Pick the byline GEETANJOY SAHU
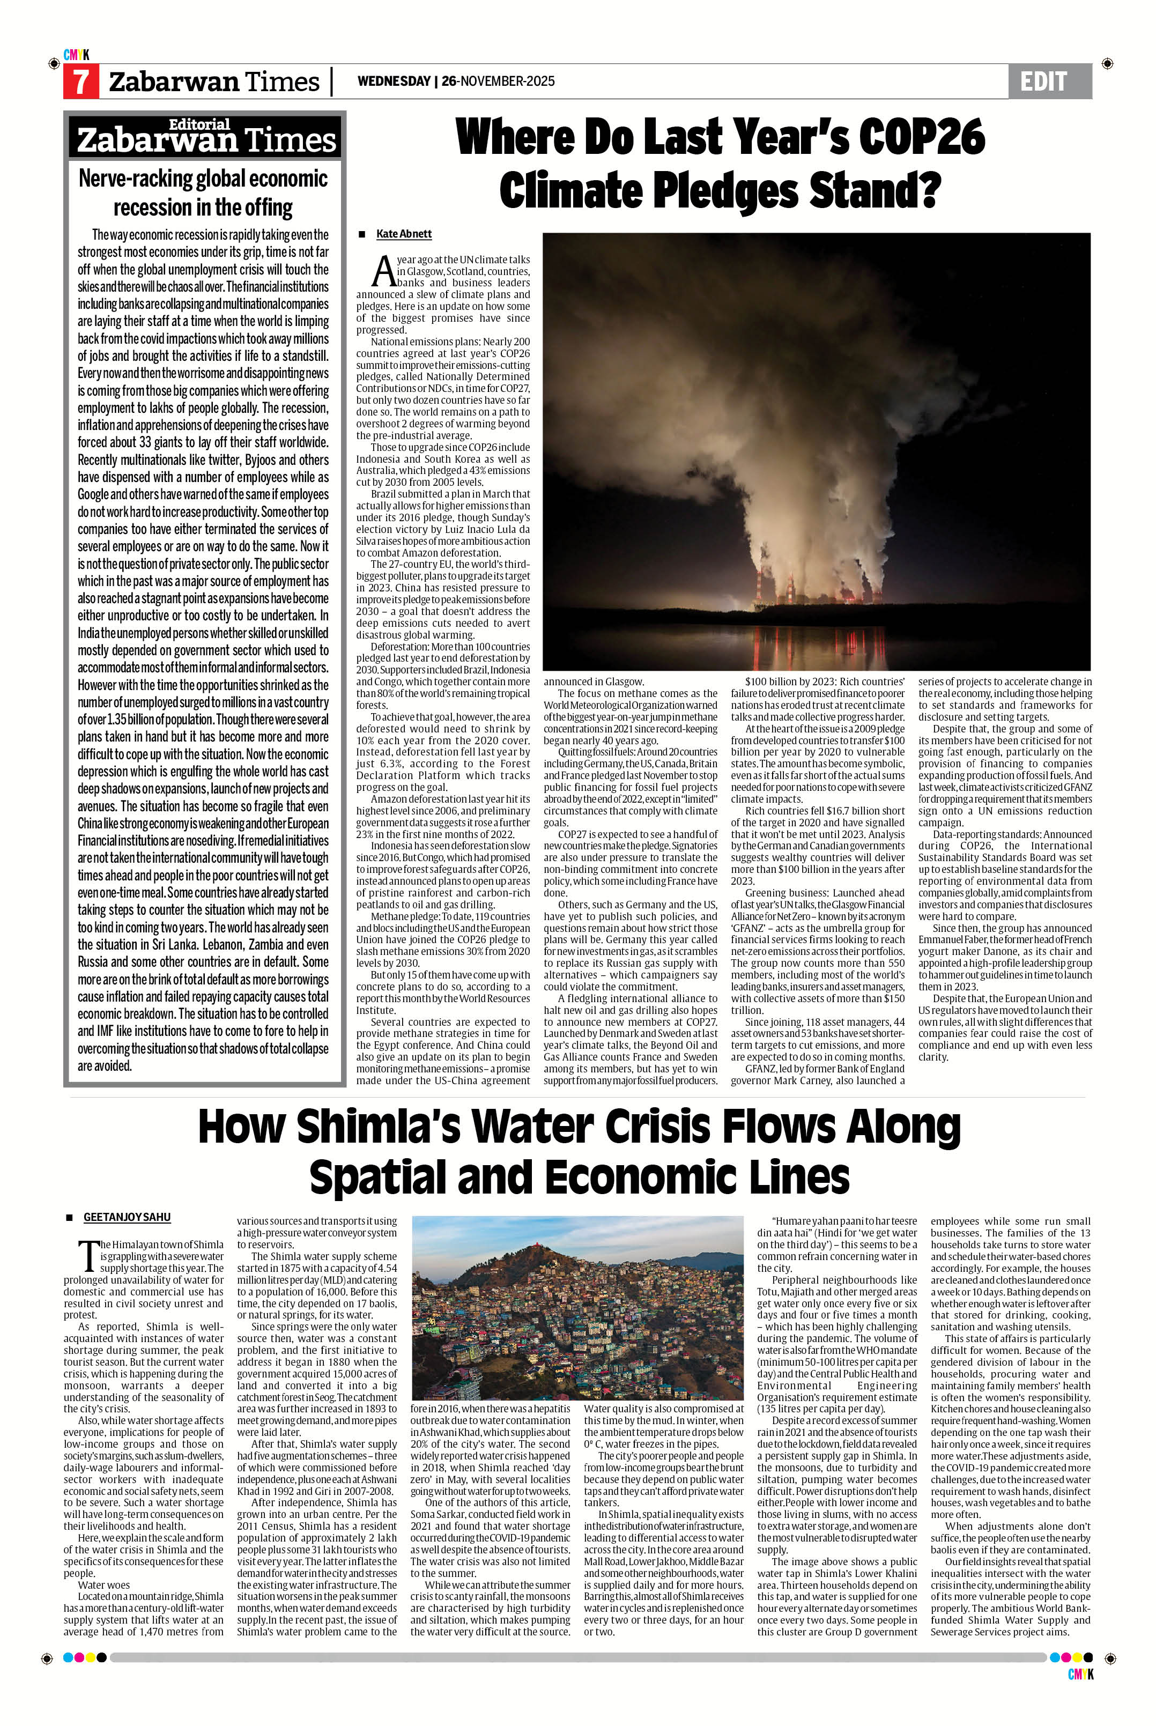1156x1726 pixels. pos(127,1217)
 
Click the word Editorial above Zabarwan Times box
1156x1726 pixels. pos(200,124)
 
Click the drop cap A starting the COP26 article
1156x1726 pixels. pos(383,271)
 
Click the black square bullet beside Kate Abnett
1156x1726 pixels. pos(362,234)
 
